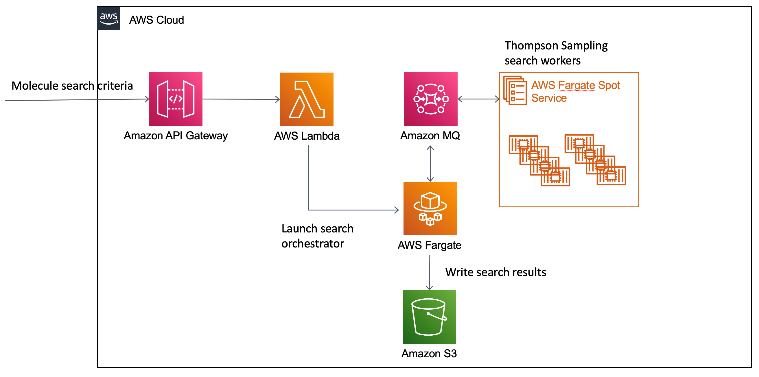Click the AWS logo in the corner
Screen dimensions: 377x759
tap(109, 18)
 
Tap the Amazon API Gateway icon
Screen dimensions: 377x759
tap(176, 99)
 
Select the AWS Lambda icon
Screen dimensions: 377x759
tap(306, 99)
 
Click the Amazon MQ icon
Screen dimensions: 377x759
tap(430, 99)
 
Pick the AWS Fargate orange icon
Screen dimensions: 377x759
tap(430, 208)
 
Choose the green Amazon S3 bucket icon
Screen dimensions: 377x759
tap(429, 317)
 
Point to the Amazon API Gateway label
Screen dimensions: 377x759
tap(176, 136)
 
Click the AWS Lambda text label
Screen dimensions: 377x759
tap(307, 136)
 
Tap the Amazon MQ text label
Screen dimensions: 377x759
tap(430, 136)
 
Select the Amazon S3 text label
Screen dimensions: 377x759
tap(429, 353)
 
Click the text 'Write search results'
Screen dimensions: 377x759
tap(495, 272)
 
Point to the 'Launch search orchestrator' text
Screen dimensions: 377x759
tap(317, 236)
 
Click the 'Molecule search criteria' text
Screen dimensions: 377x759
tap(72, 86)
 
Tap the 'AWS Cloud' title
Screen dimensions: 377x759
tap(156, 20)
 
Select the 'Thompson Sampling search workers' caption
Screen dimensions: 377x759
tap(556, 53)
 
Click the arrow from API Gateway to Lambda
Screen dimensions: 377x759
tap(241, 99)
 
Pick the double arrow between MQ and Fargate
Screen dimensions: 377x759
tap(430, 164)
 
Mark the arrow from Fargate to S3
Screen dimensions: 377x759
tap(430, 272)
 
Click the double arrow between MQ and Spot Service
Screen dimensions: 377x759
tap(478, 99)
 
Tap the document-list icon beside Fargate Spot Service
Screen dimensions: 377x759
tap(515, 90)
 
